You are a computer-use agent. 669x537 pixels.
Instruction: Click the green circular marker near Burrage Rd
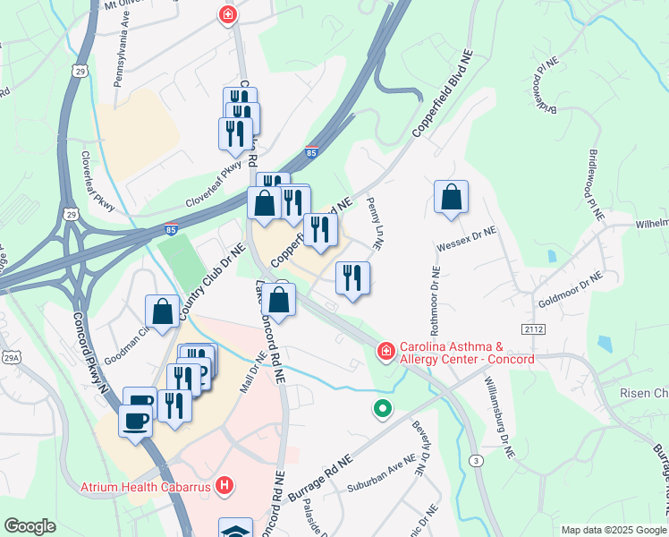click(x=383, y=409)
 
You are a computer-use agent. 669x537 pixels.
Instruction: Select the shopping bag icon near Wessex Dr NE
click(x=452, y=198)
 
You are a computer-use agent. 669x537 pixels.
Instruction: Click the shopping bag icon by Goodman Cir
click(x=164, y=313)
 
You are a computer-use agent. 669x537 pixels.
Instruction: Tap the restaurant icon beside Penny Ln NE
click(x=352, y=278)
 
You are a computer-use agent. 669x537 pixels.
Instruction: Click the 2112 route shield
click(x=535, y=330)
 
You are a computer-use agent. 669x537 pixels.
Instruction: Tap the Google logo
click(x=30, y=526)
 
